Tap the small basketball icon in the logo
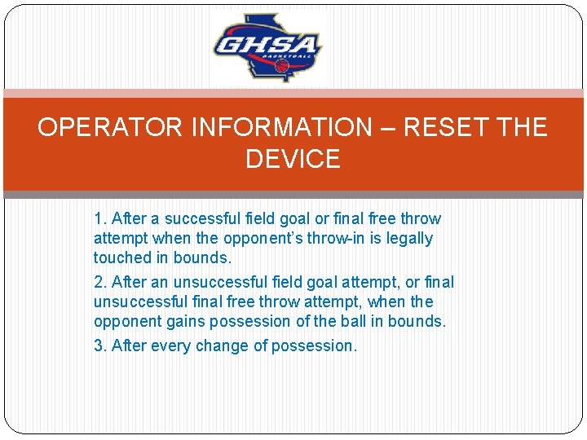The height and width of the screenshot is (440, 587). point(282,64)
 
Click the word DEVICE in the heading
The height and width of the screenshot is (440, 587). point(293,159)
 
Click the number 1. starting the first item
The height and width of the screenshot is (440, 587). point(100,218)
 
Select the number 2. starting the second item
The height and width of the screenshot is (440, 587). point(100,282)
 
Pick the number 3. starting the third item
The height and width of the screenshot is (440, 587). point(100,345)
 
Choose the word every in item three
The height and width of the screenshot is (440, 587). point(170,345)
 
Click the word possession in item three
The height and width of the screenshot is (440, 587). point(314,345)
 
